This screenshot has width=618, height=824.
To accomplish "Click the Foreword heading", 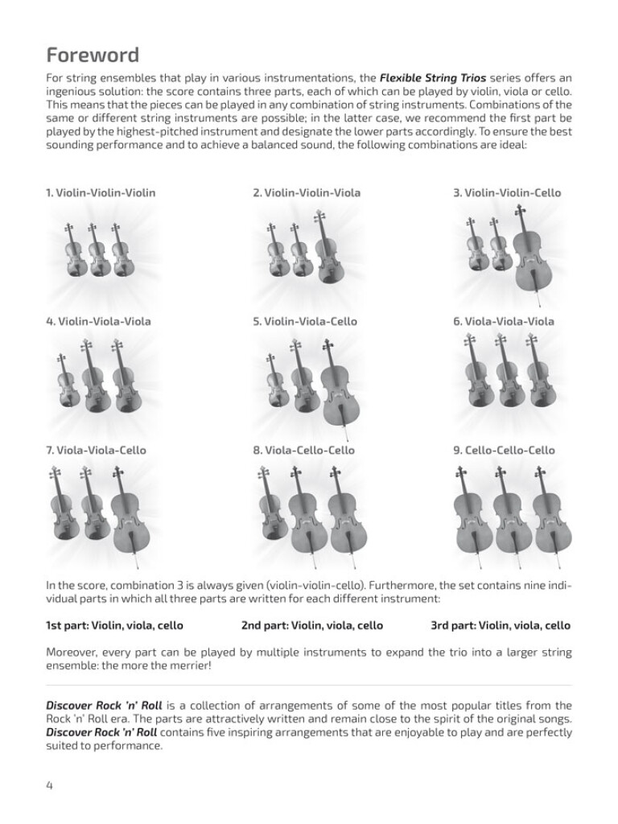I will tap(93, 55).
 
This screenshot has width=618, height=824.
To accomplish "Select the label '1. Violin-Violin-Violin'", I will tap(101, 193).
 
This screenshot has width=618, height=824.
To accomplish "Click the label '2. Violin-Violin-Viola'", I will tap(307, 193).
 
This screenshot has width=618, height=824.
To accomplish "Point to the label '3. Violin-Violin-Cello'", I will tap(507, 193).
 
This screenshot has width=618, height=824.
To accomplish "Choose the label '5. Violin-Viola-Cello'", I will tap(305, 322).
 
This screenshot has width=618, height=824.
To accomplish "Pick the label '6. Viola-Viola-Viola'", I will tap(504, 322).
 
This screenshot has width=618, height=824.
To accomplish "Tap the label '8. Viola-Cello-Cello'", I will tap(303, 451).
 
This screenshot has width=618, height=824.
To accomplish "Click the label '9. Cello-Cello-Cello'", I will tap(504, 451).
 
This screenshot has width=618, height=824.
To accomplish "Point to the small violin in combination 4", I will tap(65, 386).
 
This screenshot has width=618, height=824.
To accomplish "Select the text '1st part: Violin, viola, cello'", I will tap(114, 625).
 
